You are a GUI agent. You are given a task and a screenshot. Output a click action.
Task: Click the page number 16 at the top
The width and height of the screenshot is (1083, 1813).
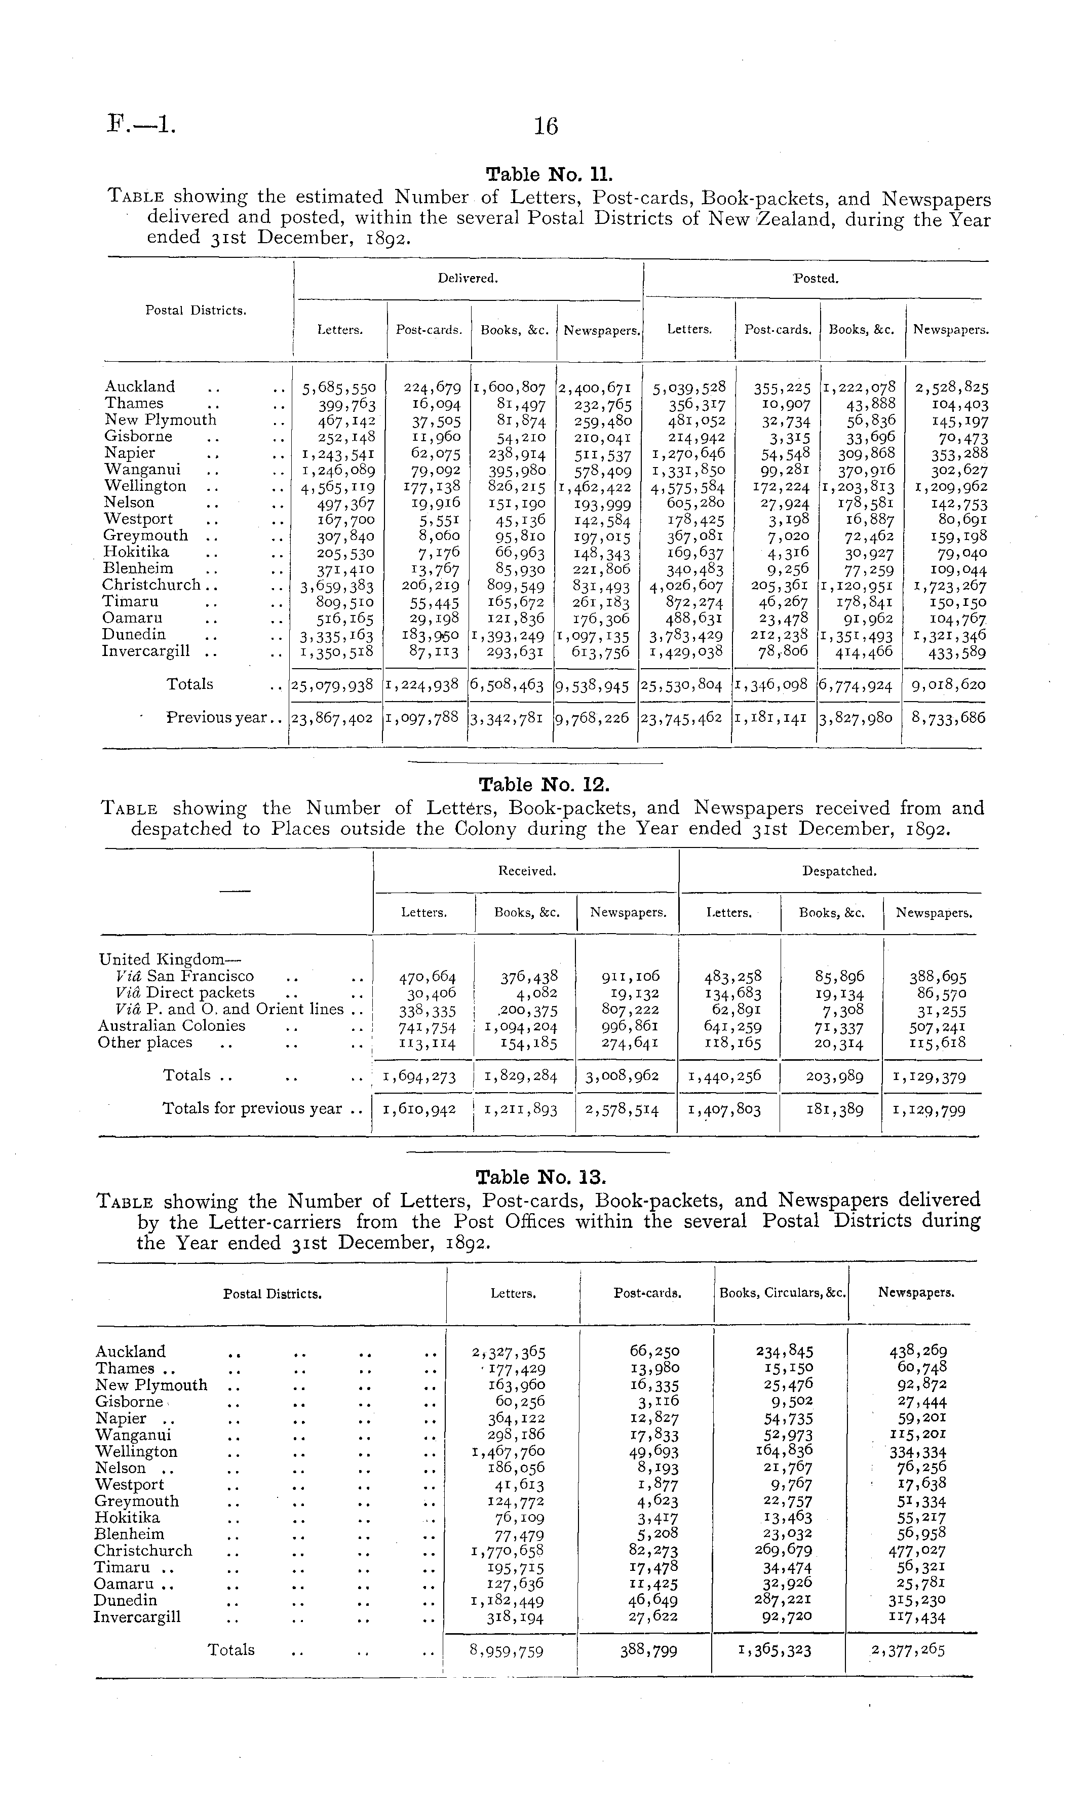(546, 127)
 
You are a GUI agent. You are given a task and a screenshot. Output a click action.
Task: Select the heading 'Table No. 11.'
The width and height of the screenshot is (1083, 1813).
(549, 175)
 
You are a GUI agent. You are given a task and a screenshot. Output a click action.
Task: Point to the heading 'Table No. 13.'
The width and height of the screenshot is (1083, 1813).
(541, 1178)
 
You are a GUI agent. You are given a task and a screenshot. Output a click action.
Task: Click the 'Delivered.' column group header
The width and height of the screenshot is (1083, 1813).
(468, 278)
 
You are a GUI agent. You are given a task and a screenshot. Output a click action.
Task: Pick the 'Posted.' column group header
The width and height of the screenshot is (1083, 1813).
(815, 278)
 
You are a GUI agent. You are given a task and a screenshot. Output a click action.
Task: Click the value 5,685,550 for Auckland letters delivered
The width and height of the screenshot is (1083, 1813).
(338, 388)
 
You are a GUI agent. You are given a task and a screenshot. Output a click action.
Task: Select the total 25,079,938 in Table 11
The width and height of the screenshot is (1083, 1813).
(332, 685)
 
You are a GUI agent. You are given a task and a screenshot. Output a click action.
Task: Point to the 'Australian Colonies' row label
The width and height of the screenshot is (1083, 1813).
(172, 1026)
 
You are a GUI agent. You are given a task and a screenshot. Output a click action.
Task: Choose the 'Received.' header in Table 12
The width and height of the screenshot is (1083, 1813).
(527, 870)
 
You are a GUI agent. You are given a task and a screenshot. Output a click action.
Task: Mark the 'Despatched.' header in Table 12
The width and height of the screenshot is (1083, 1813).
(839, 870)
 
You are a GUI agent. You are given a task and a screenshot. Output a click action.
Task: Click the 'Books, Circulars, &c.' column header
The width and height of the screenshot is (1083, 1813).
(782, 1293)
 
